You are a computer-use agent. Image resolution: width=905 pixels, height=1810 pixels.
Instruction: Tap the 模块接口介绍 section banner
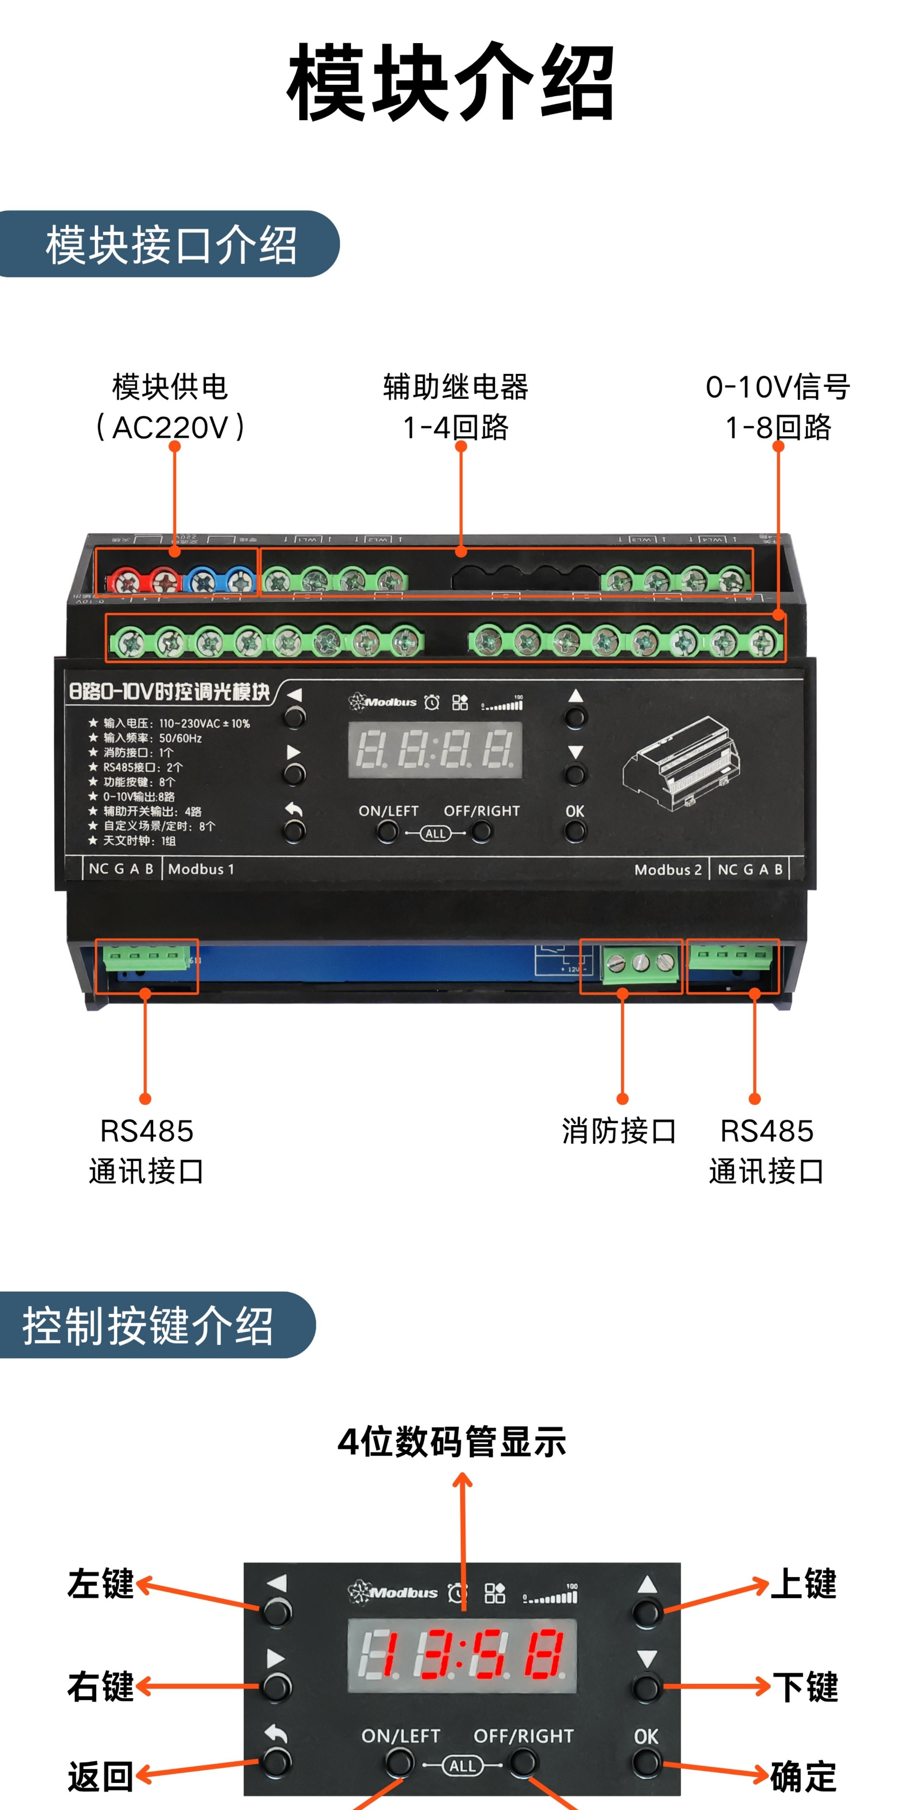pos(170,244)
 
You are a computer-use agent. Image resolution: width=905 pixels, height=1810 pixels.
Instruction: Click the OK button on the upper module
pos(575,831)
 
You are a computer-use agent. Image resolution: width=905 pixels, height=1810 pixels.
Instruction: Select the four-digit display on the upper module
pos(435,749)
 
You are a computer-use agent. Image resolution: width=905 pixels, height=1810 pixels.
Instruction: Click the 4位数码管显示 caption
pos(452,1442)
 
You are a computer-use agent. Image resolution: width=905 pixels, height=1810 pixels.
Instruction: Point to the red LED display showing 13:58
pos(462,1655)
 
